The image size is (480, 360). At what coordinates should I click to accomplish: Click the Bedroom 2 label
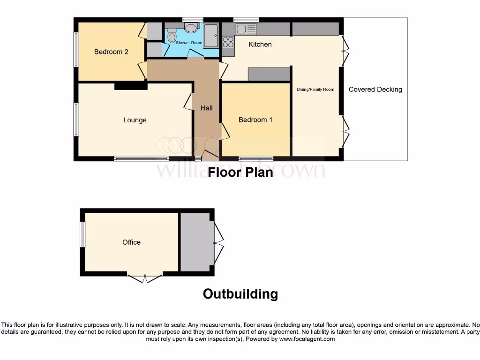click(111, 52)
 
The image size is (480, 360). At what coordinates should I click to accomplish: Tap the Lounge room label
click(135, 120)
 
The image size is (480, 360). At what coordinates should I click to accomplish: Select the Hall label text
click(207, 108)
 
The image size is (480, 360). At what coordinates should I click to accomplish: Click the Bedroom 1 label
click(255, 120)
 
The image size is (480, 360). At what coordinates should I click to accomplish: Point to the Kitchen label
click(260, 44)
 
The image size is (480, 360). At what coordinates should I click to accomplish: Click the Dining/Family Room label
click(315, 89)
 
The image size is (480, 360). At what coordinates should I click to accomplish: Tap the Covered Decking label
click(375, 89)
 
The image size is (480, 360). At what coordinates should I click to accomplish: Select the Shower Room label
click(189, 43)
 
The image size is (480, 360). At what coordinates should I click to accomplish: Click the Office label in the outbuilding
click(131, 242)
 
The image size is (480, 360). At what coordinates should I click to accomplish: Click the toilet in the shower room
click(172, 37)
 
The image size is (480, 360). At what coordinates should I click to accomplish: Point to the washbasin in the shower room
click(191, 28)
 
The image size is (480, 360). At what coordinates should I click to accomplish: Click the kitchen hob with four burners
click(228, 42)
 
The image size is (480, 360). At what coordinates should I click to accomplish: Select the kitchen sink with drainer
click(247, 29)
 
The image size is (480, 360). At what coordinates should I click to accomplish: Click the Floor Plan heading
click(240, 172)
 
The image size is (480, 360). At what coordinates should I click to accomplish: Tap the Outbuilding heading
click(240, 294)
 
